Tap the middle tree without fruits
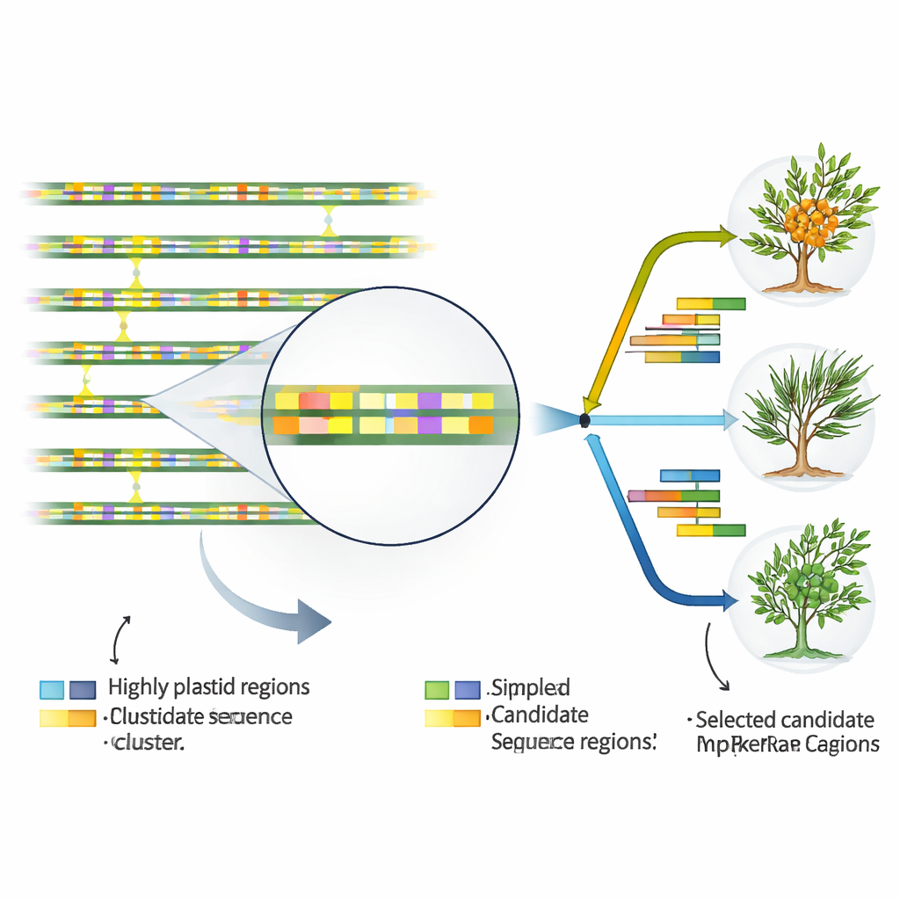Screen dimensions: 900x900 click(805, 413)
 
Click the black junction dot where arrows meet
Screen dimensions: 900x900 click(584, 420)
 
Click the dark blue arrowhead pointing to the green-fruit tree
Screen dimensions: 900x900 click(730, 602)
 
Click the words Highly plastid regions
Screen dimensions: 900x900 click(208, 686)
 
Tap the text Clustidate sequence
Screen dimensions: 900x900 click(201, 716)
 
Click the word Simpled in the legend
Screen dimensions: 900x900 click(531, 686)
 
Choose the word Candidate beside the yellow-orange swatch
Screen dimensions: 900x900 click(540, 714)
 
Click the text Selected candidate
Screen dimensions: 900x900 click(785, 720)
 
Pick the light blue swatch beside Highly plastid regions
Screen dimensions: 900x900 click(53, 689)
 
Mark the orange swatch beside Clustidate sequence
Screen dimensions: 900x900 click(82, 718)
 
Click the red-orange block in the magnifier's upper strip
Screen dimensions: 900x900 click(314, 401)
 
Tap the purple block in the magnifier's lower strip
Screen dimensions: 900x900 click(430, 425)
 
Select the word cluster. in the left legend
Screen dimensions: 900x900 click(148, 743)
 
